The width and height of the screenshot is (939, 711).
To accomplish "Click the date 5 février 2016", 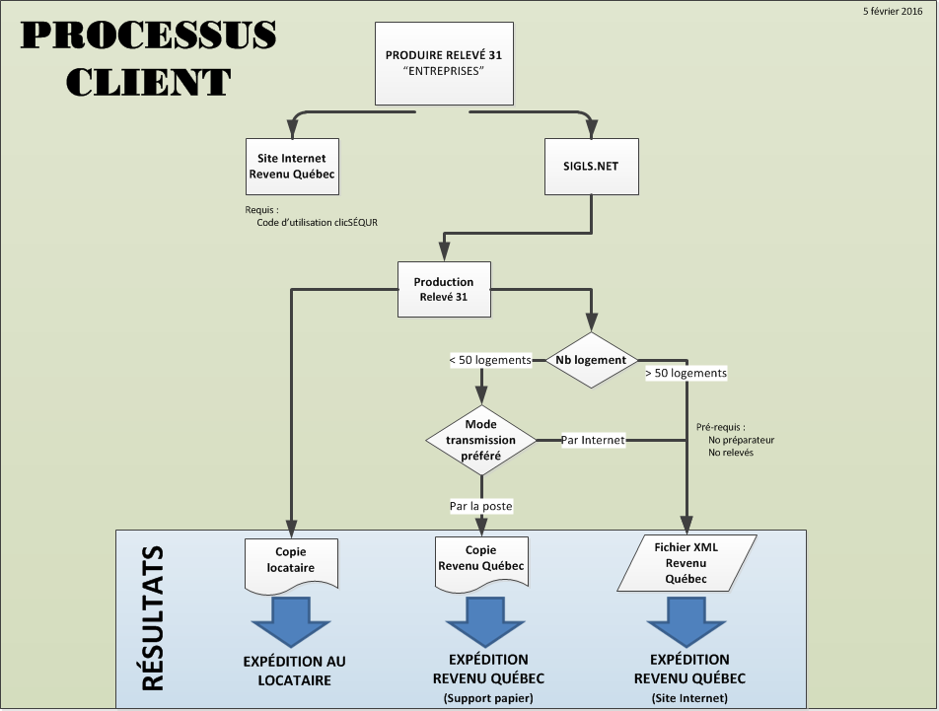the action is click(893, 11).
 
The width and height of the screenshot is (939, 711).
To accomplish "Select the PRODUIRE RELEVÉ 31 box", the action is click(444, 63).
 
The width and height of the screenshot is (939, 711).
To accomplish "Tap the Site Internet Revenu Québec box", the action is click(292, 167).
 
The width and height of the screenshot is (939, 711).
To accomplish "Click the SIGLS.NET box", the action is click(591, 167).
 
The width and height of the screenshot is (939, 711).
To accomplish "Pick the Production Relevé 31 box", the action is click(444, 289).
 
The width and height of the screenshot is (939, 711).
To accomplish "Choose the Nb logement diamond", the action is click(591, 360).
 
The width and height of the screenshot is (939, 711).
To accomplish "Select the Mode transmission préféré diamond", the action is click(481, 440).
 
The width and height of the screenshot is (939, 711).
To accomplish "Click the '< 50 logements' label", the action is click(490, 360).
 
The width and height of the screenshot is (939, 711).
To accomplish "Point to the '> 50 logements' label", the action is click(686, 373).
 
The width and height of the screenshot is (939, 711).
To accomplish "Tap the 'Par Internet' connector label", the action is click(593, 440).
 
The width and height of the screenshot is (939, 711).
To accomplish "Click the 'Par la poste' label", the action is click(481, 506).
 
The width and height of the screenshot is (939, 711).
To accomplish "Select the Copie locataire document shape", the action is click(292, 567).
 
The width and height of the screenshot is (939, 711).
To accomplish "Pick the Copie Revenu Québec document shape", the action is click(481, 565).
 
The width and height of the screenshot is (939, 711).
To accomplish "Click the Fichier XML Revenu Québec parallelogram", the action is click(686, 563).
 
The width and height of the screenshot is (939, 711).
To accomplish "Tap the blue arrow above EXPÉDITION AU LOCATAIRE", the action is click(291, 622).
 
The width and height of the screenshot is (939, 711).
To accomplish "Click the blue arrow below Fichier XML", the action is click(686, 622).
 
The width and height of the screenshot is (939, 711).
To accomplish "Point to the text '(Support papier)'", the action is click(488, 698).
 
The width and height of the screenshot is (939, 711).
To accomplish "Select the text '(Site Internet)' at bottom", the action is click(689, 698).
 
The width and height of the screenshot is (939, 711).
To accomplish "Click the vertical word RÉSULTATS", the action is click(153, 618).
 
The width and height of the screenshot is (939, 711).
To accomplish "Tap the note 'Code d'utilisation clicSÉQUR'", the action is click(318, 222).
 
